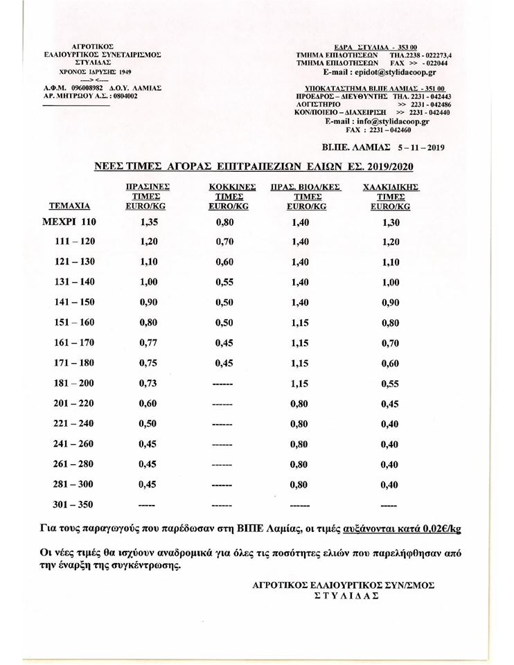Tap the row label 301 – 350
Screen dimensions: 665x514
tap(75, 504)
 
